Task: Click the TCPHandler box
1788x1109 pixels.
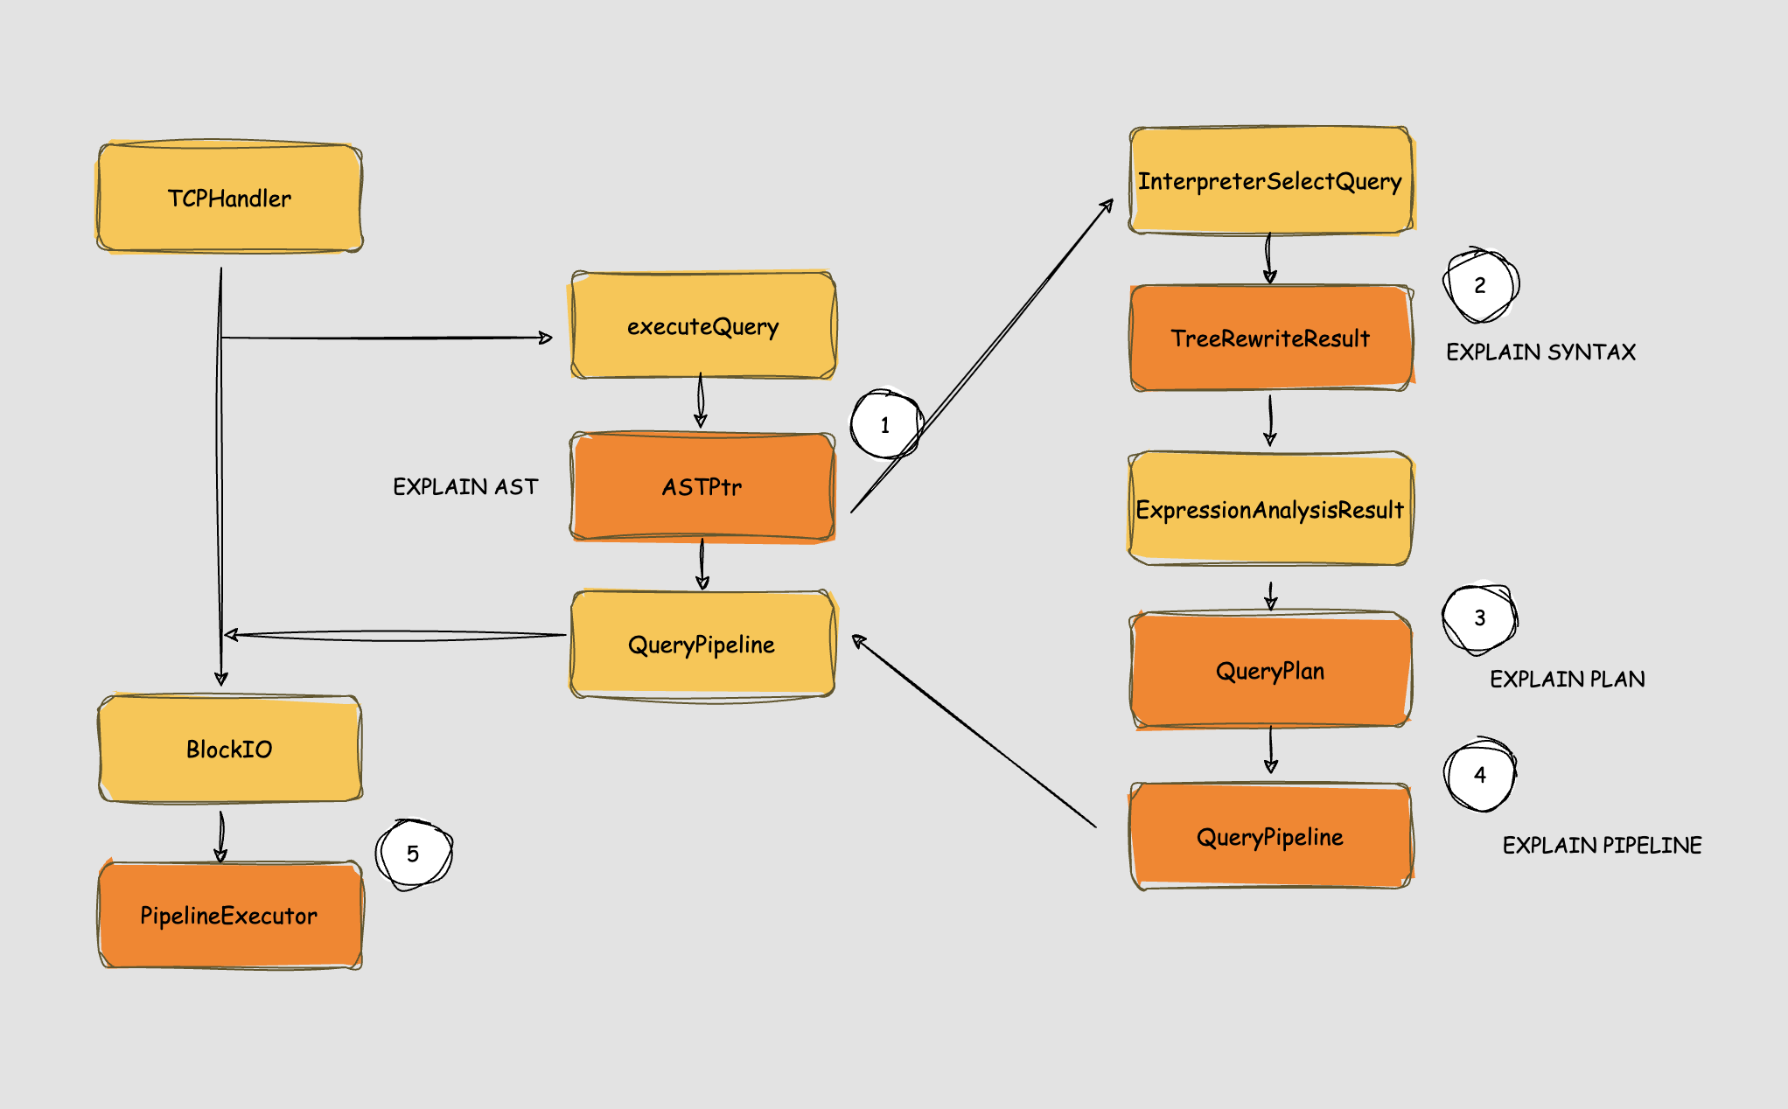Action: point(229,199)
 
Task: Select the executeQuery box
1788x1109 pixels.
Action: point(703,326)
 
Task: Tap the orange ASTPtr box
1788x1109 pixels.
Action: point(703,486)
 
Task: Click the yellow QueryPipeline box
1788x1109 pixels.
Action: point(703,645)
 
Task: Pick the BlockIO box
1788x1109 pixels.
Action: point(229,750)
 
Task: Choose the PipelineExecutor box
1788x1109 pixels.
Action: point(229,916)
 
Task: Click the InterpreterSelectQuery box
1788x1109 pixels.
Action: point(1270,181)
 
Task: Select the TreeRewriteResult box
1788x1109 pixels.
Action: point(1270,338)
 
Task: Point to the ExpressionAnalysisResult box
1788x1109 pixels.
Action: point(1270,509)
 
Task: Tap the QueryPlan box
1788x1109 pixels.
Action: point(1270,671)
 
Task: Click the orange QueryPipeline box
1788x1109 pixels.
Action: point(1270,837)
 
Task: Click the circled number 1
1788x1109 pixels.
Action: point(885,425)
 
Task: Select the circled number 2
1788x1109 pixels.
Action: point(1480,285)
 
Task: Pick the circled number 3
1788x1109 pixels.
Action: point(1480,618)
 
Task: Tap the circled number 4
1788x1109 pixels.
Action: point(1480,775)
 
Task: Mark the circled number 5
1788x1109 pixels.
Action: point(413,854)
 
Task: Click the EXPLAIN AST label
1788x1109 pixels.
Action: point(465,486)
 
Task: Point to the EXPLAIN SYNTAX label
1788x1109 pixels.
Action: point(1540,352)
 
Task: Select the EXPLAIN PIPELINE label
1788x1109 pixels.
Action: point(1602,845)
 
